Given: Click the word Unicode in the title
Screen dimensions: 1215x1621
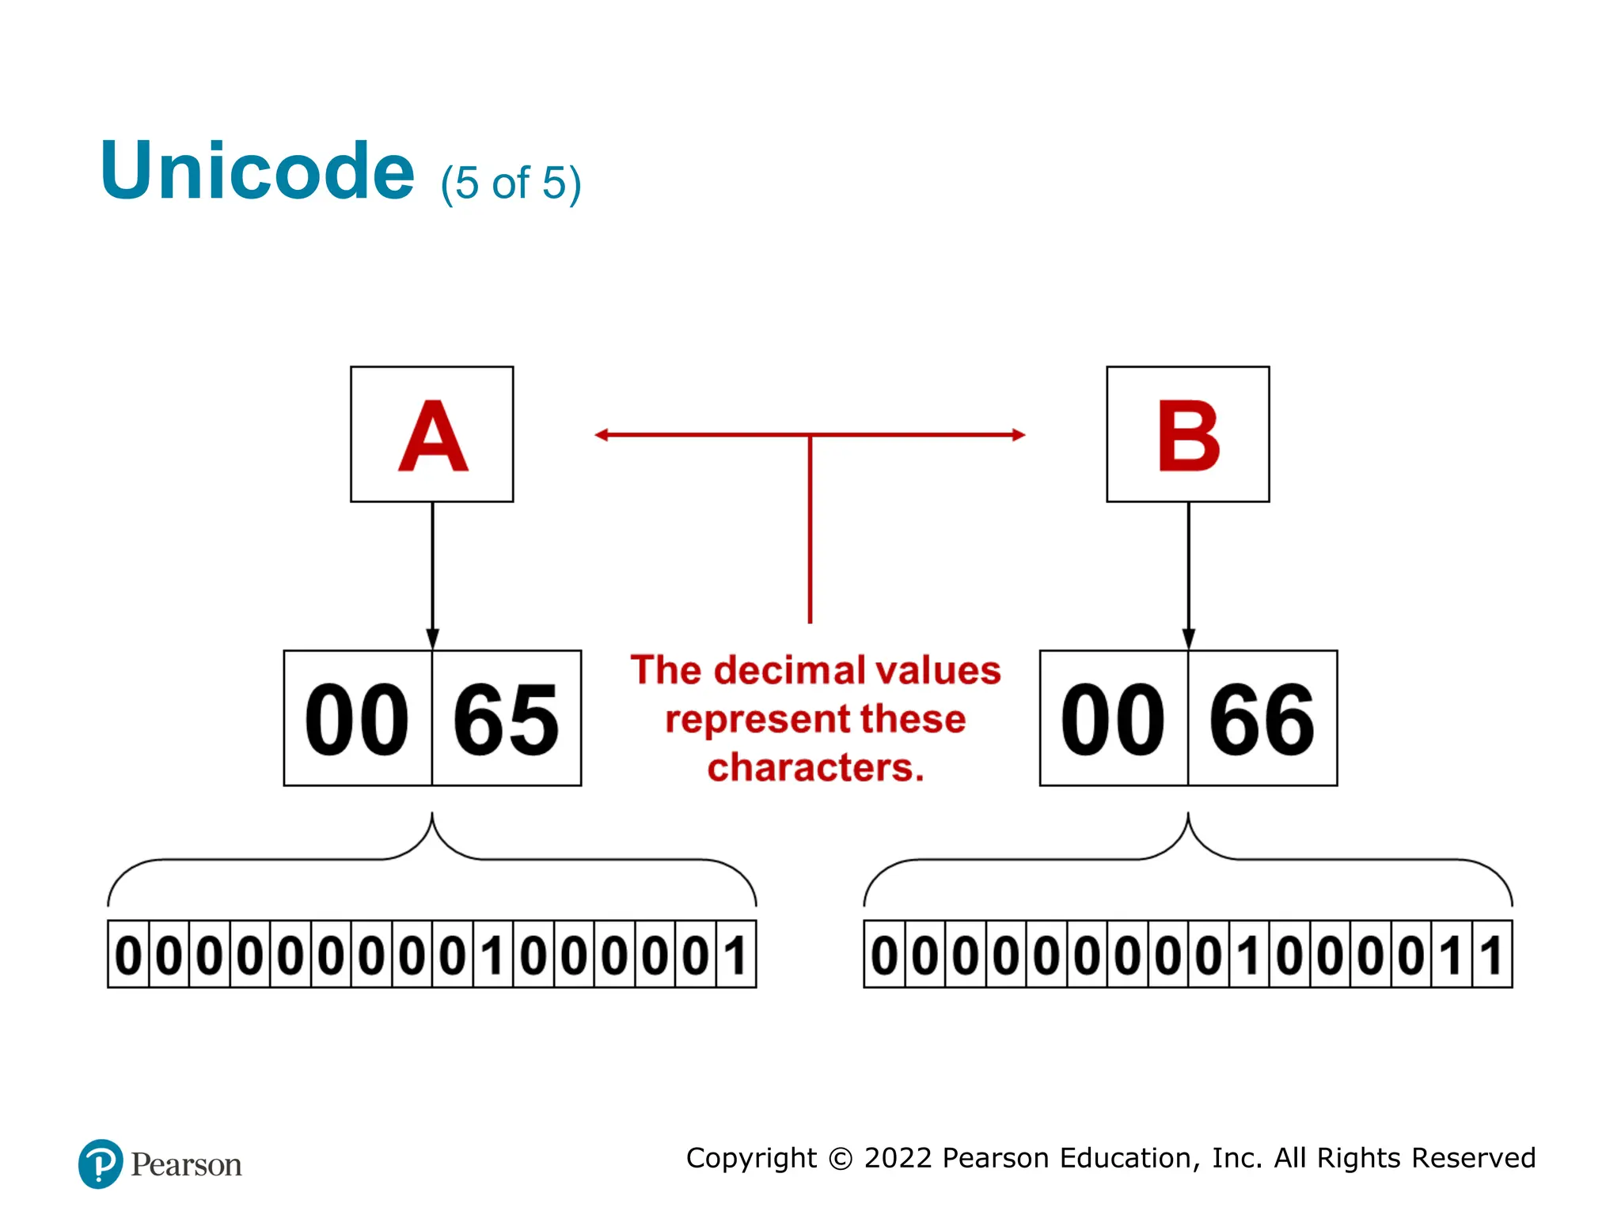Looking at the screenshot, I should click(257, 171).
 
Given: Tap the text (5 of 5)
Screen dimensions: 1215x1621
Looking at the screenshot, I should click(511, 184).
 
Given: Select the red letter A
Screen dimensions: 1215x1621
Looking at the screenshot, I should click(433, 436).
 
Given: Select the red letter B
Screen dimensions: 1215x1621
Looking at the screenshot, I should click(1188, 436).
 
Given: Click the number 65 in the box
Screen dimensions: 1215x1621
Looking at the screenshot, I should click(506, 720).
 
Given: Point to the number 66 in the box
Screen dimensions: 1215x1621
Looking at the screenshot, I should click(1262, 720).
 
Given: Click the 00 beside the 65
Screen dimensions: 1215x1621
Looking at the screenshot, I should click(357, 720).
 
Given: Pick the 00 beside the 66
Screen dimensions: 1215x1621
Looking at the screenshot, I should click(1113, 720).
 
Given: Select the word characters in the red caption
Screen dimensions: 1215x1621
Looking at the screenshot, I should click(815, 768).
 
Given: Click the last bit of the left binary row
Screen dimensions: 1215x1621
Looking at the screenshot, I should click(736, 955).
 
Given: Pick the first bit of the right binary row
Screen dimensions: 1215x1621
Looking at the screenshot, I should click(884, 955).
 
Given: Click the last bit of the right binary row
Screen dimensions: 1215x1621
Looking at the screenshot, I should click(1492, 955).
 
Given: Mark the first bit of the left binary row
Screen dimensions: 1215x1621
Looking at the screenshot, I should click(128, 955).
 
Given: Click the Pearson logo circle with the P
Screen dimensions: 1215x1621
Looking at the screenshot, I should click(101, 1164).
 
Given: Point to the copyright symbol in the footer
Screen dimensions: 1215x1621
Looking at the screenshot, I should click(840, 1159).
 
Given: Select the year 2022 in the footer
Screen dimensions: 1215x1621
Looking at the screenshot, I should click(898, 1158).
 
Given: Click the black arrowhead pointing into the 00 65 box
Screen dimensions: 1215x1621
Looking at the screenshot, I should click(432, 639).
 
